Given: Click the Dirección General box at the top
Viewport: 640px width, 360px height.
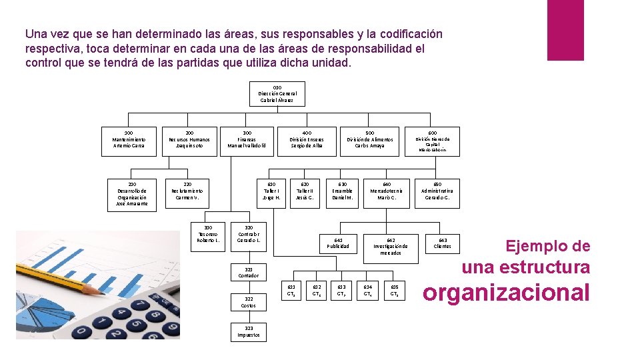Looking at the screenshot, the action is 277,94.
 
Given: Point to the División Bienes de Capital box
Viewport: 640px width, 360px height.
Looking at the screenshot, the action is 433,141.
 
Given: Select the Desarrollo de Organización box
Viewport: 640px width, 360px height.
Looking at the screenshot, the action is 132,194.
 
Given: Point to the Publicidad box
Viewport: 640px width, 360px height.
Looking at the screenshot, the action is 338,243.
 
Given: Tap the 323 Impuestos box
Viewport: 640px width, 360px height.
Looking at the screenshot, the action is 249,331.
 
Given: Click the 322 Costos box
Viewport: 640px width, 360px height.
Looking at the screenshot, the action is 249,302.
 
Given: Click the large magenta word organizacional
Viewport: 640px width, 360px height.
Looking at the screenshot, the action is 507,292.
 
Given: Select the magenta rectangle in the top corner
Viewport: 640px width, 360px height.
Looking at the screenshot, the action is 565,30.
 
